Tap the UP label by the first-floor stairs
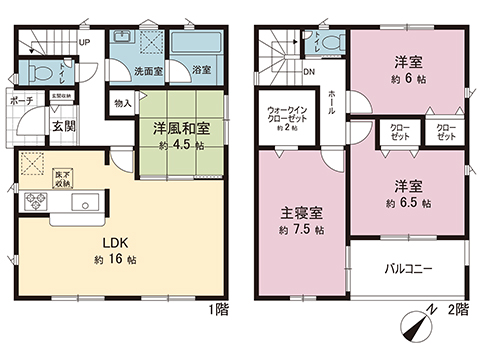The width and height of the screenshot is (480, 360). coord(84,43)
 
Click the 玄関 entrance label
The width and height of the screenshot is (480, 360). coord(63,126)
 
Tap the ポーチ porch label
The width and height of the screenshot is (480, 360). coord(22,102)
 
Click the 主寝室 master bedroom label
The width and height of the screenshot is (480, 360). coord(294,213)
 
